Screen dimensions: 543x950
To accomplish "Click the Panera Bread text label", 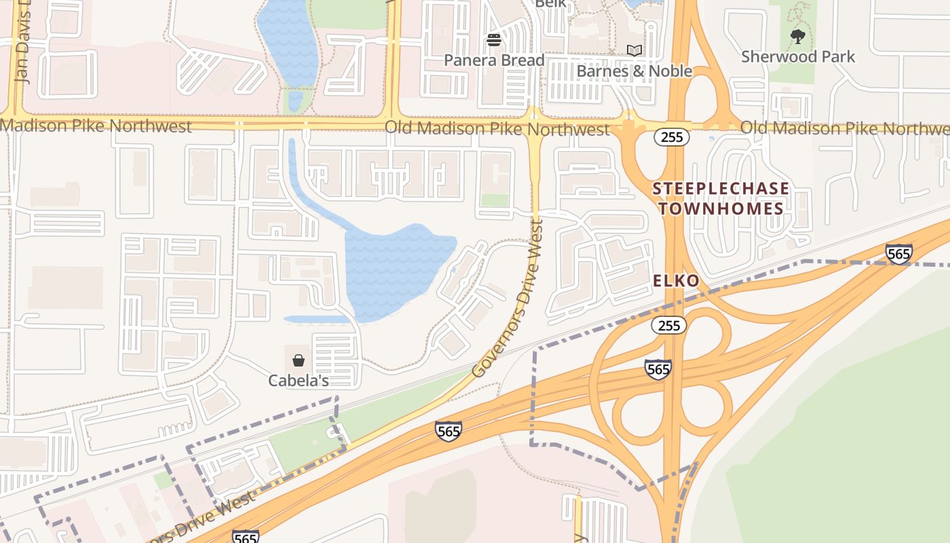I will tap(494, 60).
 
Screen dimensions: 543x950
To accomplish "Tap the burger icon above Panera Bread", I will tap(494, 40).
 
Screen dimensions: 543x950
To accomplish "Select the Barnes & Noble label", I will tap(634, 71).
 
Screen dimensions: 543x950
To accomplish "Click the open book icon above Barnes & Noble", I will tap(634, 50).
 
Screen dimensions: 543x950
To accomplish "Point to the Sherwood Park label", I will tap(798, 56).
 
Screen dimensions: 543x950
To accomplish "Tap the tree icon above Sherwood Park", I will tap(798, 36).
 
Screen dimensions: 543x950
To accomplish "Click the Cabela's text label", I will tap(299, 381).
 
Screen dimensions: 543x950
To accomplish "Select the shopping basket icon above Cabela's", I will tap(299, 360).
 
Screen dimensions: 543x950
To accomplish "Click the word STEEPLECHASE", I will tap(721, 189).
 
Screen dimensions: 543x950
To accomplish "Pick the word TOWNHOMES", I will tap(721, 208).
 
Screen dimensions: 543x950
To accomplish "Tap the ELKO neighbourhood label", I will tap(676, 281).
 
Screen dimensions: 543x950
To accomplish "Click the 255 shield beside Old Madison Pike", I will tap(672, 137).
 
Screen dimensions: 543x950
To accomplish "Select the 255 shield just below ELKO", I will tap(669, 326).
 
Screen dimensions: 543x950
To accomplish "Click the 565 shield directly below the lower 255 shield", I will tap(658, 369).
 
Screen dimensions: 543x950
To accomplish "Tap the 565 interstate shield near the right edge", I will tap(898, 254).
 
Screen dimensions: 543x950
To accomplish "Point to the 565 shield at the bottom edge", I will tap(245, 537).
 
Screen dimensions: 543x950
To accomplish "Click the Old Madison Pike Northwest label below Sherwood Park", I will tap(844, 128).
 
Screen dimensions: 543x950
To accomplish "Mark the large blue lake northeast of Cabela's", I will tap(397, 268).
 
